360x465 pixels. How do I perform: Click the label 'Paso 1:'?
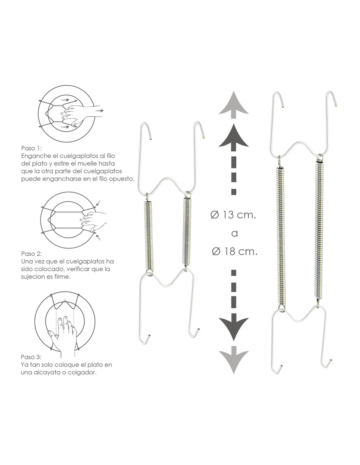tap(31, 148)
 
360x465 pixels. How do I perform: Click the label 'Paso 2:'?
tap(31, 253)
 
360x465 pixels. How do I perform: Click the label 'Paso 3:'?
tap(31, 357)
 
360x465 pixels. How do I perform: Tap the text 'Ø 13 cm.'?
tap(233, 215)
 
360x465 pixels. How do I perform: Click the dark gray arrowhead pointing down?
tap(233, 327)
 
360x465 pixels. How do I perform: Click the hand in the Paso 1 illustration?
tap(82, 114)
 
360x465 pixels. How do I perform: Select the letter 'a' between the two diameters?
tap(235, 233)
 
